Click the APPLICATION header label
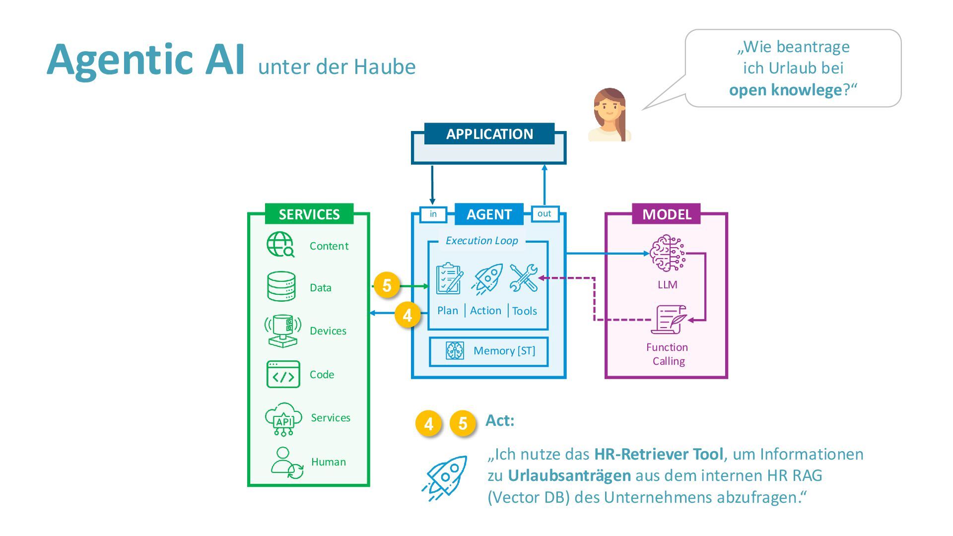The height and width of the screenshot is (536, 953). coord(489,134)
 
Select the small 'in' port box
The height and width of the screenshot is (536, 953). coord(433,214)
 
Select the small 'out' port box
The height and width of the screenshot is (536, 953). coord(545,213)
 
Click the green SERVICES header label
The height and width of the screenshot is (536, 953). coord(309,214)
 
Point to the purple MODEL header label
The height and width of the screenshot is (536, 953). coord(666,214)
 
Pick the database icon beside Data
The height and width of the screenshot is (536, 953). coord(281,286)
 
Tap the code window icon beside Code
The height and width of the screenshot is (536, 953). coord(283,374)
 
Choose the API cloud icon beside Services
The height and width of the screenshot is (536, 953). coord(283,419)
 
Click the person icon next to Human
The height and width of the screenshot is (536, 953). coord(286,463)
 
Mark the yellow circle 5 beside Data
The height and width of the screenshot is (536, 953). coord(387,285)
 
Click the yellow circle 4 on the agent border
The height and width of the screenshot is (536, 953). coord(408,315)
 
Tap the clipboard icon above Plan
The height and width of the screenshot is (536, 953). coord(449,278)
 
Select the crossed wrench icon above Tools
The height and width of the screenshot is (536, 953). coord(524,278)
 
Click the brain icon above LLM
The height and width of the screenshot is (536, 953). coord(667,254)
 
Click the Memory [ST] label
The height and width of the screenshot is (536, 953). coord(504,351)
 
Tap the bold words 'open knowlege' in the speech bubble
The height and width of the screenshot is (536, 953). coord(785,90)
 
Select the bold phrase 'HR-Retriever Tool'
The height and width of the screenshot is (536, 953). coord(658,454)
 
